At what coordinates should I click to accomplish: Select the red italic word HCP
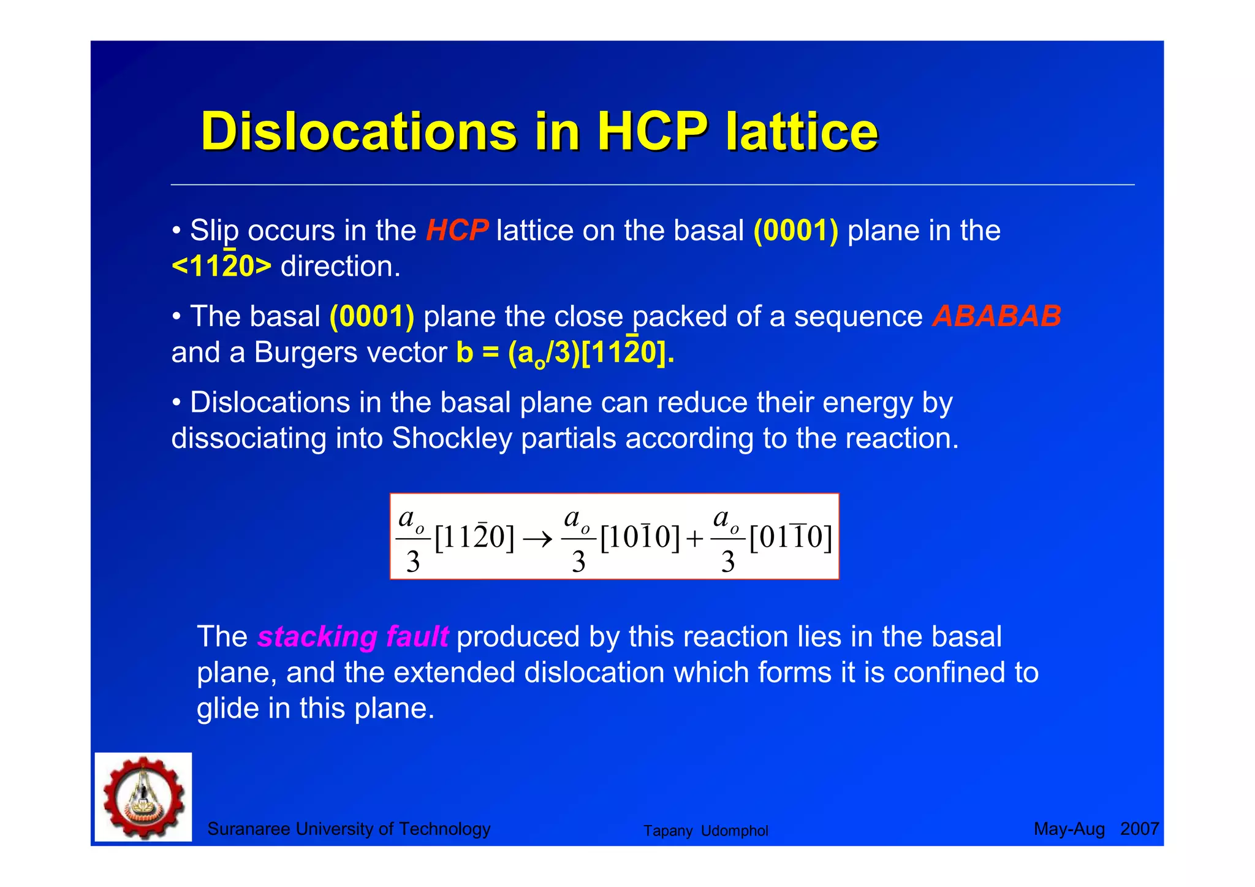tap(457, 230)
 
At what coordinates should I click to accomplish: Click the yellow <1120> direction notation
tap(221, 266)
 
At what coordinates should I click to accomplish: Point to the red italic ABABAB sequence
tap(996, 316)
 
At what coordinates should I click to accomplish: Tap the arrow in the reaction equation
tap(537, 539)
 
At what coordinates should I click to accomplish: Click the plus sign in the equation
tap(694, 539)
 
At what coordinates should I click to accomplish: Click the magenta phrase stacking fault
tap(353, 636)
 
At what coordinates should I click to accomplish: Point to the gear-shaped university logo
tap(143, 797)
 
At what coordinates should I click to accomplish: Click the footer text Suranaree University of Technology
tap(349, 829)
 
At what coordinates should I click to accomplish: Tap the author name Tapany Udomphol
tap(705, 831)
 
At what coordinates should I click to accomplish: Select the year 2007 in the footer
tap(1139, 829)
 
